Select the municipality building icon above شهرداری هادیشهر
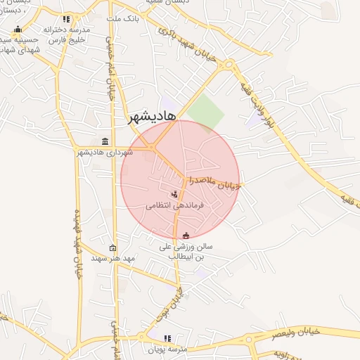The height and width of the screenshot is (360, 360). tap(105, 141)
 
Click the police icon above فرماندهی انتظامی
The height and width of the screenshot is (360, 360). tap(174, 193)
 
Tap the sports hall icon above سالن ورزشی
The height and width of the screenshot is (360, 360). tap(186, 236)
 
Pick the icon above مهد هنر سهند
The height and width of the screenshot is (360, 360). tap(113, 247)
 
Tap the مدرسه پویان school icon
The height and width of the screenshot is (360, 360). tap(167, 338)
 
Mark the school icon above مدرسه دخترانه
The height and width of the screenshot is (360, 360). tap(66, 19)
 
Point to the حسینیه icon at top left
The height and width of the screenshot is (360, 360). tap(18, 29)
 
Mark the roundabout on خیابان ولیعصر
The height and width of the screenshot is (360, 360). tap(249, 340)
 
